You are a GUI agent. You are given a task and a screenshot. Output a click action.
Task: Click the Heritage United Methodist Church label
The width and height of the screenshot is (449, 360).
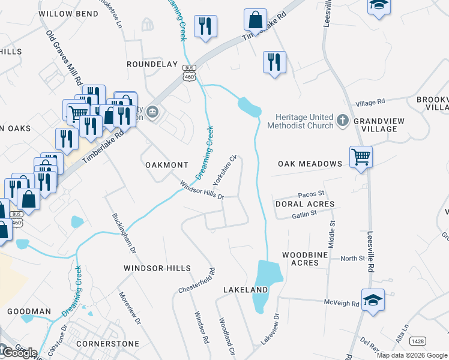point(304,121)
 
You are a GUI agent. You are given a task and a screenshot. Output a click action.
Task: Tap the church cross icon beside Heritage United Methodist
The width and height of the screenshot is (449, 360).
point(343,121)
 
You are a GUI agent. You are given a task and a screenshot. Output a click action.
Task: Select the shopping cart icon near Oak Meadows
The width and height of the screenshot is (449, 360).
point(361,157)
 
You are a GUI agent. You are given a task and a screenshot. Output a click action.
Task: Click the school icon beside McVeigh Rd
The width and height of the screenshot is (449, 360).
point(373,299)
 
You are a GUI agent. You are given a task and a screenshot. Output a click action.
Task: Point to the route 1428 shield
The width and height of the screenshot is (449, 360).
point(418,341)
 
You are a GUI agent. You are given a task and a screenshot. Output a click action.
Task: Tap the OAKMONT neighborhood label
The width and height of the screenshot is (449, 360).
point(167,164)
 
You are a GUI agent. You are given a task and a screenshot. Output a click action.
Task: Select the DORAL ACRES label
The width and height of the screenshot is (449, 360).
point(304,205)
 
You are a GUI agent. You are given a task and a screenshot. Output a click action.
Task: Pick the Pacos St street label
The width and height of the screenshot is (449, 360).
point(311,194)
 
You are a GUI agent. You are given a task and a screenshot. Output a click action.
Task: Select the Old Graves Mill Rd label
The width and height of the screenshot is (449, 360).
point(64,57)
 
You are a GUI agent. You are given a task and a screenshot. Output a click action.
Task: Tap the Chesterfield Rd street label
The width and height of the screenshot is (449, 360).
point(196,281)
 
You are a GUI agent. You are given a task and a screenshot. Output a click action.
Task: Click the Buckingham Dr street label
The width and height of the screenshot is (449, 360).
point(124,232)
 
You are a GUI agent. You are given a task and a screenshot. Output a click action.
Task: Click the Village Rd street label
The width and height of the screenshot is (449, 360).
point(369,103)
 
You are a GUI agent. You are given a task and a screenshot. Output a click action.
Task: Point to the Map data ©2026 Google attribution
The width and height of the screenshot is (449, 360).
point(412,355)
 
